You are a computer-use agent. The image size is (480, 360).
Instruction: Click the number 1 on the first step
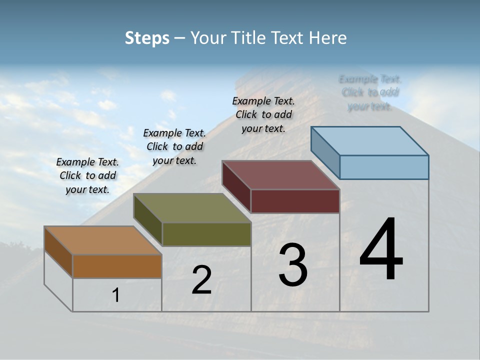(x=116, y=295)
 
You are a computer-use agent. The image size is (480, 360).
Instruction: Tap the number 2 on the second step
(x=201, y=280)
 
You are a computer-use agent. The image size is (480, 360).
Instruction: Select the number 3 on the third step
(x=293, y=265)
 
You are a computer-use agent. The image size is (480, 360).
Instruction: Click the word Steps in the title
(x=147, y=38)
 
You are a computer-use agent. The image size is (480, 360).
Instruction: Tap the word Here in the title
(x=328, y=38)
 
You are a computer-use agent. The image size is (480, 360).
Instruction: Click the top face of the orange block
(x=102, y=240)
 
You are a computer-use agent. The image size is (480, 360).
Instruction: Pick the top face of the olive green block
(x=192, y=208)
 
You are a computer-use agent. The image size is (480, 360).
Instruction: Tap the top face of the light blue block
(x=370, y=140)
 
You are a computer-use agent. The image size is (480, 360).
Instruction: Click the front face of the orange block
(x=117, y=266)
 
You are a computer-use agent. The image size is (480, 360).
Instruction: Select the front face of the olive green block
(x=206, y=234)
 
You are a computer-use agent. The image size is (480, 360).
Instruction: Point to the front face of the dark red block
(x=295, y=201)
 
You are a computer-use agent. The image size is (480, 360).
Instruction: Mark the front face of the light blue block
(x=384, y=167)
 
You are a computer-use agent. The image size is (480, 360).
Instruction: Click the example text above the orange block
(x=87, y=175)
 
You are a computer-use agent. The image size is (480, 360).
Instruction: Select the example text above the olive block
(x=174, y=146)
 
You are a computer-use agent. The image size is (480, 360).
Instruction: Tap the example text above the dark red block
(x=263, y=114)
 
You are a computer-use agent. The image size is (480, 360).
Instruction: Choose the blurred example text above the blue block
(x=370, y=92)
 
